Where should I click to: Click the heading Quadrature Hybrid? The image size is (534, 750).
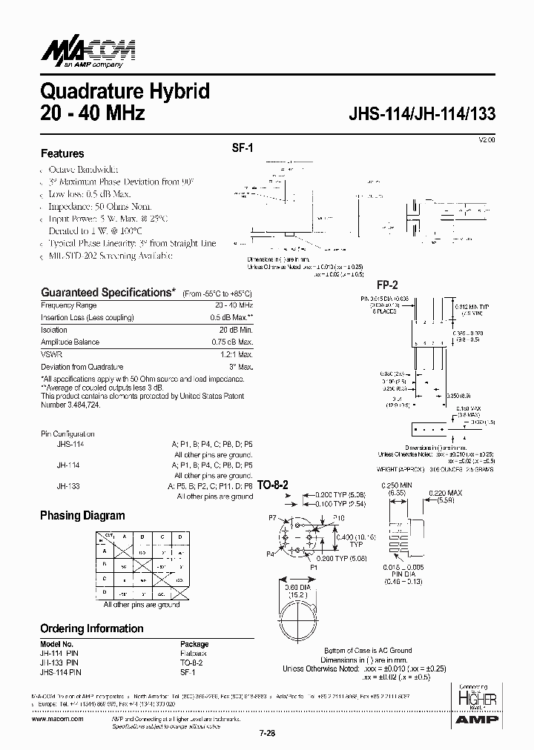tap(125, 92)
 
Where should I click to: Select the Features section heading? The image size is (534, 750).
tap(62, 153)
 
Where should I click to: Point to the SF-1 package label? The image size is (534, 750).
tap(243, 148)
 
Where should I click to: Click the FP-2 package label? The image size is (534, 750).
tap(387, 285)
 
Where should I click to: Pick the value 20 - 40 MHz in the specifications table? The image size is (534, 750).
tap(233, 305)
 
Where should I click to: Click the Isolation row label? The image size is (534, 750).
tap(54, 330)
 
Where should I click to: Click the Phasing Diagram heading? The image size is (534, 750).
tap(82, 516)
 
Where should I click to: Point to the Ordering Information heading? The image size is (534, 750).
tap(91, 628)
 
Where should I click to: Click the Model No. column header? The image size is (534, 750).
tap(56, 644)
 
